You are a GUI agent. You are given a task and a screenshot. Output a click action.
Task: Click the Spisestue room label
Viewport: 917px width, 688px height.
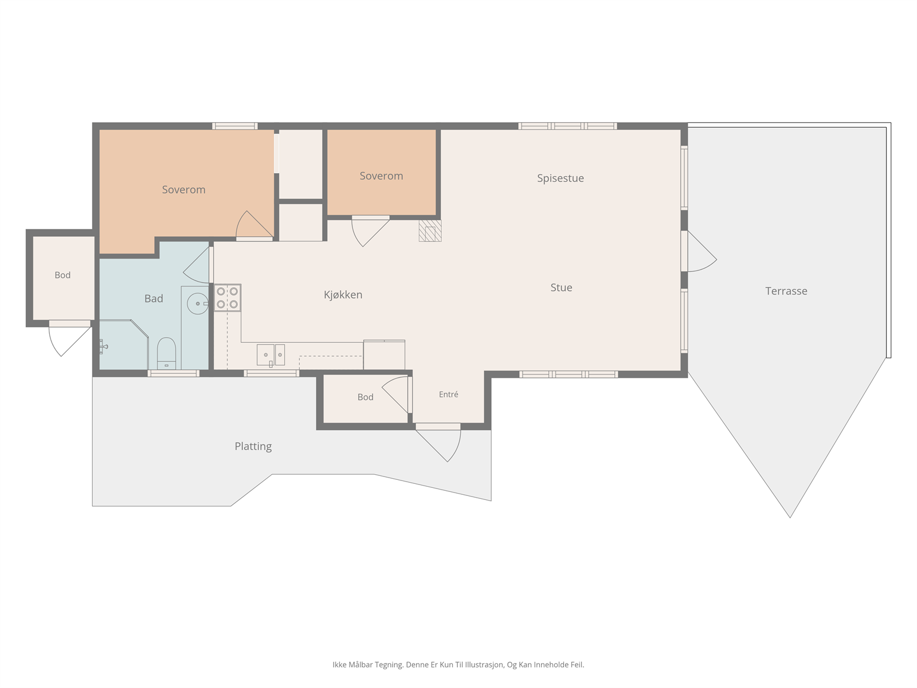pos(560,178)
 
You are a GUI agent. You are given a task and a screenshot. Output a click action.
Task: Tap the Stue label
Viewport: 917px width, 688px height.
pos(561,287)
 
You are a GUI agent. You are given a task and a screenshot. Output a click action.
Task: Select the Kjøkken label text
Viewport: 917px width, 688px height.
pos(343,295)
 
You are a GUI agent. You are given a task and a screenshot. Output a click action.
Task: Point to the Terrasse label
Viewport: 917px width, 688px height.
pos(786,291)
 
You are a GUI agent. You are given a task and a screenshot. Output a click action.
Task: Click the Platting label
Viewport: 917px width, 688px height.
pos(253,447)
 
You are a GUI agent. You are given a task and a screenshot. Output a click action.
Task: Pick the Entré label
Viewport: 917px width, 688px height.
pos(448,394)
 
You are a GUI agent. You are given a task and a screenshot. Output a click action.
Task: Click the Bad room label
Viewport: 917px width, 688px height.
pos(154,299)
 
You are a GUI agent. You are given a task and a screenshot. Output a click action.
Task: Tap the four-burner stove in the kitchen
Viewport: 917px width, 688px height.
pos(228,298)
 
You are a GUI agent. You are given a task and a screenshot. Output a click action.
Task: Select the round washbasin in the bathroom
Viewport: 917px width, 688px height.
pos(197,304)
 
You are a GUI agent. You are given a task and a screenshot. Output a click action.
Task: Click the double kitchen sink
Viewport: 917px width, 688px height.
pos(271,355)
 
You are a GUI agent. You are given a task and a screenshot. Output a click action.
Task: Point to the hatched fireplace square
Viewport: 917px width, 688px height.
pos(430,231)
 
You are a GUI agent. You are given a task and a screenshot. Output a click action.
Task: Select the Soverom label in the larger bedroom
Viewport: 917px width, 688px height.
pos(183,190)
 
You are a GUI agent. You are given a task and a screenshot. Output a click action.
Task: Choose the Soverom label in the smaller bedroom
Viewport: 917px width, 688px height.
pos(381,176)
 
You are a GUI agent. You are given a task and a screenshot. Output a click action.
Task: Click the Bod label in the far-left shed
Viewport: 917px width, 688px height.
pos(62,275)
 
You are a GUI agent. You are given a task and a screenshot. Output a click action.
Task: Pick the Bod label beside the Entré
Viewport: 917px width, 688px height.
pos(365,397)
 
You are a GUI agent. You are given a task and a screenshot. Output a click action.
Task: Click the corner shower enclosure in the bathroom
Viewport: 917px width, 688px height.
pos(124,345)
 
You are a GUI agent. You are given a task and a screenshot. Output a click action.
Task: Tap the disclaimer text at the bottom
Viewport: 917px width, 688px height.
pos(458,664)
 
